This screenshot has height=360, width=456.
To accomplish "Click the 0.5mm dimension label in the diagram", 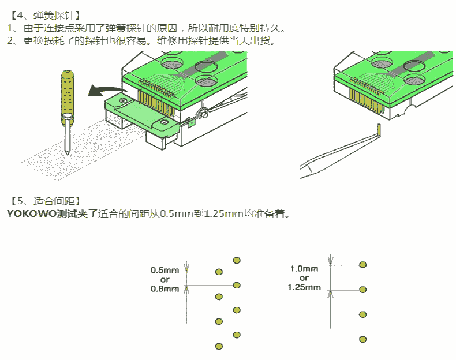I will tap(165, 269).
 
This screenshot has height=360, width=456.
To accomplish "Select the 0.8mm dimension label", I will tap(165, 288).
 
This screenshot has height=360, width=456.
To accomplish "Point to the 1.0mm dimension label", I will tap(304, 268).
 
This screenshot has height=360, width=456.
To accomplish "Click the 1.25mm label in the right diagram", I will tap(304, 287).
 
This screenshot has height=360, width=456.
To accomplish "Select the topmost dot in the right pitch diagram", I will tap(363, 264).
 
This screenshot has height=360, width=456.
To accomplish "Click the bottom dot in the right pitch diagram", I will tap(363, 339).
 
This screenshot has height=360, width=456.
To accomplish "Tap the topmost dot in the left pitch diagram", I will tap(236, 260).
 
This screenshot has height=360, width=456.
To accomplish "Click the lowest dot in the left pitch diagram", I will tap(218, 346).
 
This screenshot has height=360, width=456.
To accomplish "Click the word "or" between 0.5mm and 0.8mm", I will tap(165, 279).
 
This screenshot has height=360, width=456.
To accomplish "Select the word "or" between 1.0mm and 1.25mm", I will tap(304, 277).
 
